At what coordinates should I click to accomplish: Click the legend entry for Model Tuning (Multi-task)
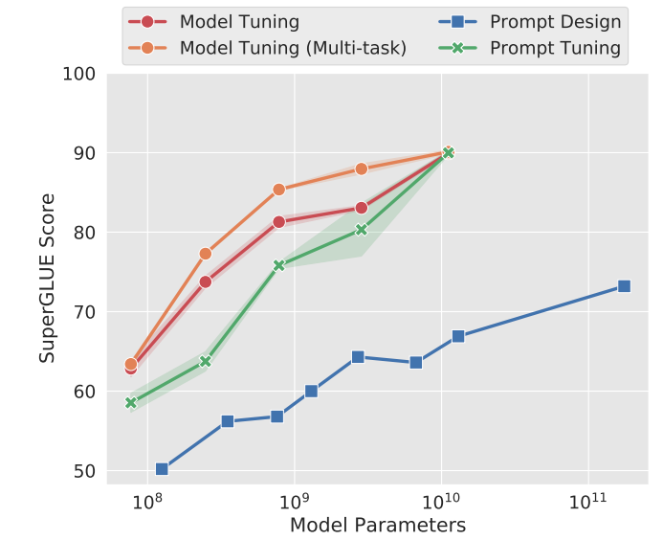pos(293,48)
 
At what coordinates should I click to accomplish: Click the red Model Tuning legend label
pos(239,21)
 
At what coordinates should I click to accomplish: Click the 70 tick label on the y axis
pos(82,312)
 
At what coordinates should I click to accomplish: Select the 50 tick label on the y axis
pos(82,471)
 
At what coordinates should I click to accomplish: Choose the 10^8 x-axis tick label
pos(146,504)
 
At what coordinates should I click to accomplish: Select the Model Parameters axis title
pos(377,526)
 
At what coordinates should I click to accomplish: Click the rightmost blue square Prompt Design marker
pos(624,286)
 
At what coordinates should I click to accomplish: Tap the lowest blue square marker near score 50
pos(162,469)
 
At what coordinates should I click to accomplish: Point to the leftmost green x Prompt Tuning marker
pos(131,403)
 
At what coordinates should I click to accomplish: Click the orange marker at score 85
pos(278,190)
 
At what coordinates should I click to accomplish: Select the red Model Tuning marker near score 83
pos(361,208)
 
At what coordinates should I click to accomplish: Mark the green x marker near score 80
pos(361,229)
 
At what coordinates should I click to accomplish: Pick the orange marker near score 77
pos(205,254)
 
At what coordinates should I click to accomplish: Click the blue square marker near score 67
pos(458,336)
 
